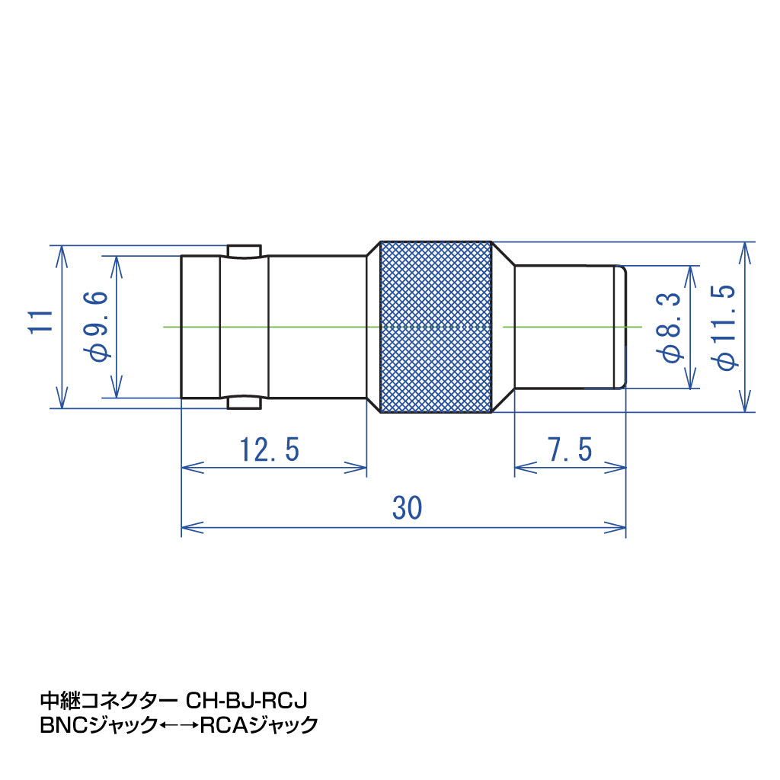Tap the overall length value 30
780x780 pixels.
click(408, 507)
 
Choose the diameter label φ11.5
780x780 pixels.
click(727, 327)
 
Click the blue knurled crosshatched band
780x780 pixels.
click(435, 328)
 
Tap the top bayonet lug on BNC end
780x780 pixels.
click(244, 251)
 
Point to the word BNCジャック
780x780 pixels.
click(97, 725)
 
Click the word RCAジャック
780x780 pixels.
click(258, 725)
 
